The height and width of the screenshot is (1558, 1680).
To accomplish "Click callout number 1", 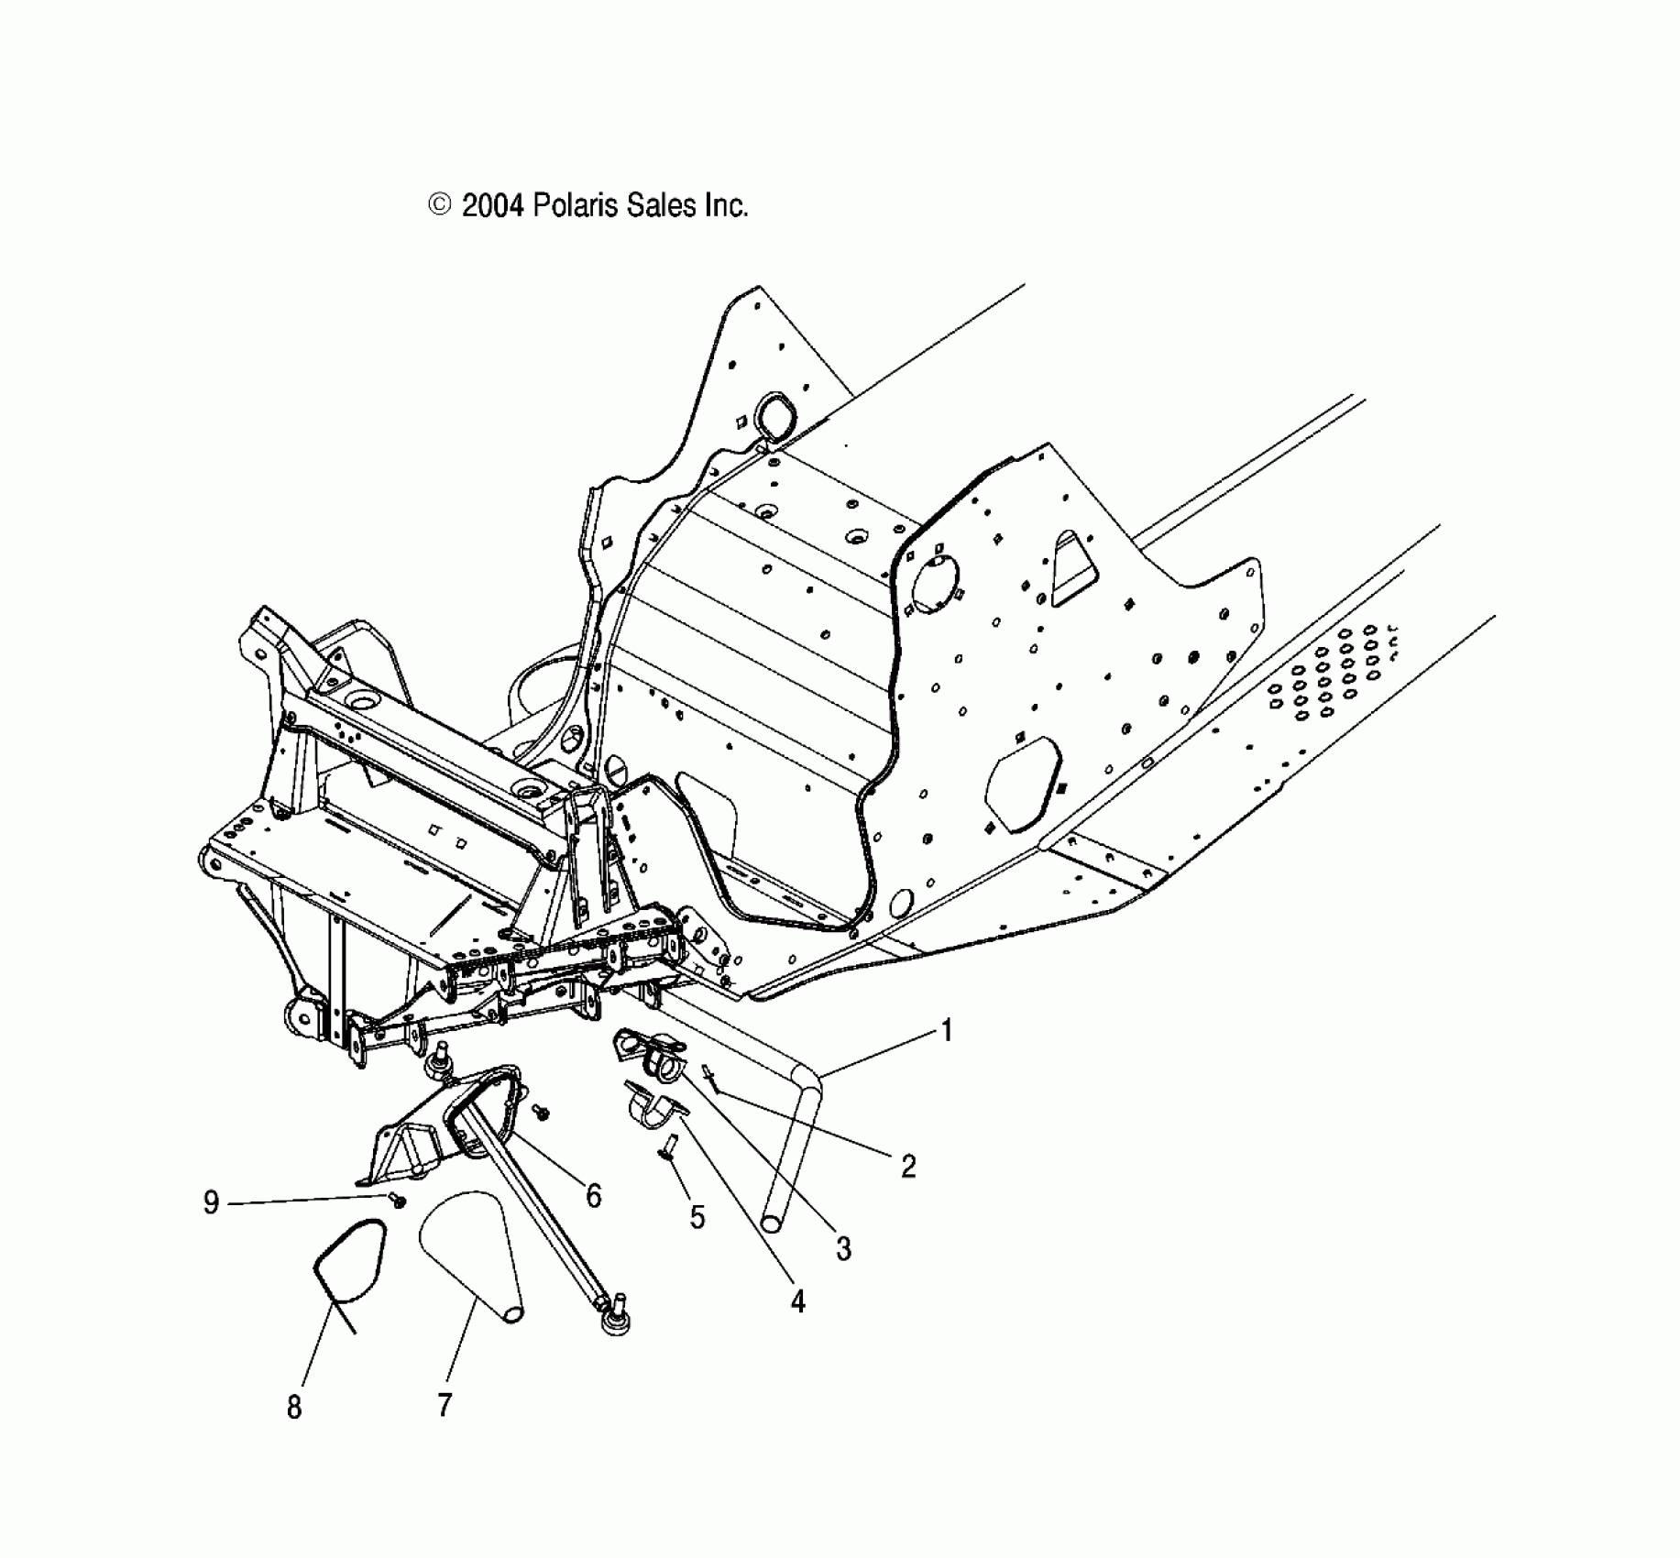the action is coord(947,1030).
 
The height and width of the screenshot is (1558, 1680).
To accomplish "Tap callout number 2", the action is coord(907,1166).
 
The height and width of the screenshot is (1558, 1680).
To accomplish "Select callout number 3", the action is coord(843,1247).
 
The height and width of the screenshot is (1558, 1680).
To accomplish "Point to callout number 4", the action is coord(797,1300).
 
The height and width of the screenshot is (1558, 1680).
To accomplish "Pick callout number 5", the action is coord(697,1217).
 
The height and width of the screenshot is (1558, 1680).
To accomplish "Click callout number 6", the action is coord(593,1195).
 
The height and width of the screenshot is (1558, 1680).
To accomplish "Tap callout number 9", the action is coord(211,1201).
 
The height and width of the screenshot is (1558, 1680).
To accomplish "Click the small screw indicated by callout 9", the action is coord(398,1200).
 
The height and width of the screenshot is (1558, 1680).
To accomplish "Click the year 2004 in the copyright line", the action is coord(492,206).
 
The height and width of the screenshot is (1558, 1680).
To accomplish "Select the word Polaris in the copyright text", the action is coord(577,206).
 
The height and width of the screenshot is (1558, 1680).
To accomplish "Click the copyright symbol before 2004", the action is coord(440,205).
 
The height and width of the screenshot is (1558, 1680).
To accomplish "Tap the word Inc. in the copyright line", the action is coord(726,206).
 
